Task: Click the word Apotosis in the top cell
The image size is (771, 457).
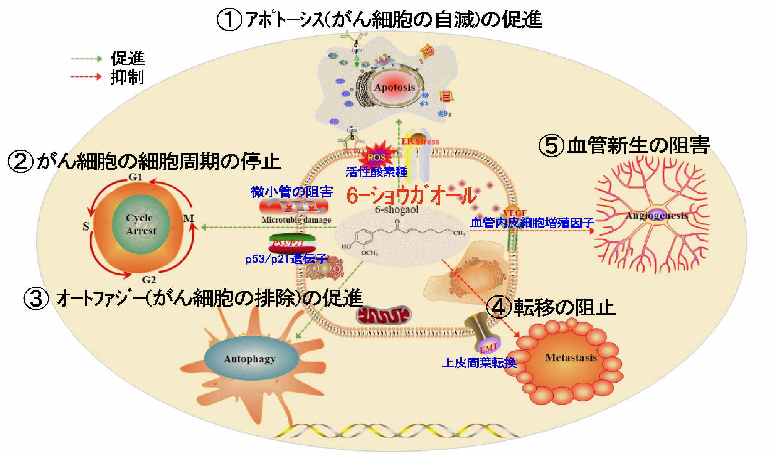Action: click(x=394, y=88)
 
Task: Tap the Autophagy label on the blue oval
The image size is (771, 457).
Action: click(x=249, y=359)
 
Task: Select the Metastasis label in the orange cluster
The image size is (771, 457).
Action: click(x=571, y=358)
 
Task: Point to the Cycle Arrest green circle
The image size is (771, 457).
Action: click(x=141, y=224)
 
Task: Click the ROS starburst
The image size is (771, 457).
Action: click(x=377, y=157)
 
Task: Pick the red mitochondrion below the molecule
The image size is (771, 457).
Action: click(x=383, y=315)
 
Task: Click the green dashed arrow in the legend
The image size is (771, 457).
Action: click(x=86, y=59)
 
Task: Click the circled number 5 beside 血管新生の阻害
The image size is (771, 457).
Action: click(x=551, y=146)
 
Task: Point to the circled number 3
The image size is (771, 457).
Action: click(x=36, y=298)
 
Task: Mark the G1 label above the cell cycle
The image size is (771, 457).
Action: click(x=135, y=177)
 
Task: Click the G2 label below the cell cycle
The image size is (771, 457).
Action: click(x=149, y=280)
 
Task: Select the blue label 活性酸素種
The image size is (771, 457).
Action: click(x=376, y=172)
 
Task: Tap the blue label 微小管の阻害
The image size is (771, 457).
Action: click(x=291, y=192)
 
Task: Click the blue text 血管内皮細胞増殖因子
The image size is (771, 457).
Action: click(x=532, y=223)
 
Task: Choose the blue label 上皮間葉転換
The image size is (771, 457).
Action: click(x=479, y=363)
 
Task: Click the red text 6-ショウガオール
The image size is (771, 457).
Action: click(x=411, y=196)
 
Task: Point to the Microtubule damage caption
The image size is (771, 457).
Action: click(x=296, y=220)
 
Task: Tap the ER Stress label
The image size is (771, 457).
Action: click(x=420, y=142)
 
